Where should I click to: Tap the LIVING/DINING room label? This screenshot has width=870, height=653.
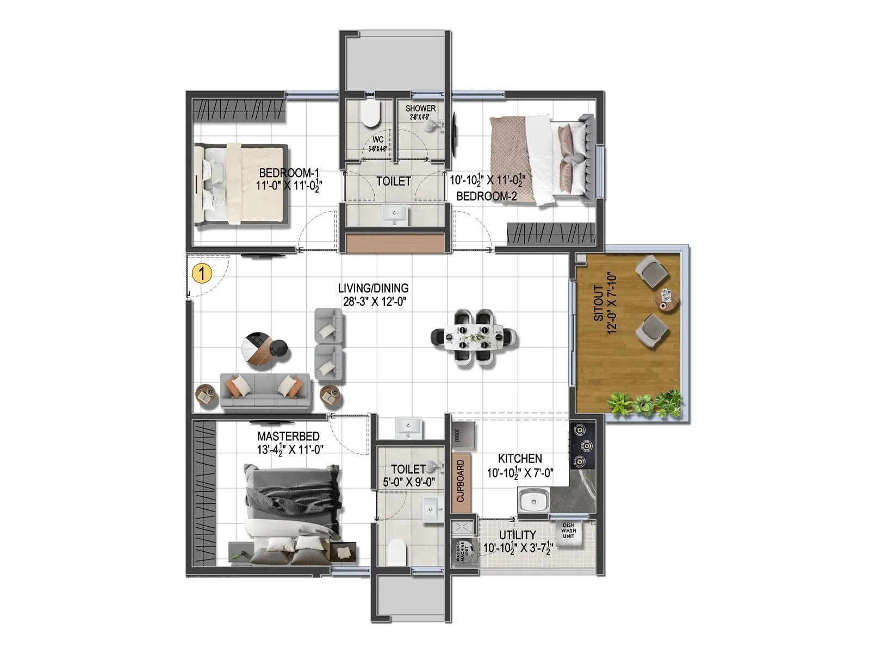[x=373, y=288]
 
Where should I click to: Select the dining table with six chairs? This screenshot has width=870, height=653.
[x=474, y=338]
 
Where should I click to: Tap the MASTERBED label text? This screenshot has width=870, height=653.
[x=288, y=436]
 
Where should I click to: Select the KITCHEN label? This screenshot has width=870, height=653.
[x=520, y=459]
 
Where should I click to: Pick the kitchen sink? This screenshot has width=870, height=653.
[x=532, y=501]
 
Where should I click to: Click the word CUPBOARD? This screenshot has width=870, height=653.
[x=461, y=481]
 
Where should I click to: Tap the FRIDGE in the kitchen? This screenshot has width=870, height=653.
[x=463, y=435]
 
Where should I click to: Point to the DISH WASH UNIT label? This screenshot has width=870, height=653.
[x=569, y=530]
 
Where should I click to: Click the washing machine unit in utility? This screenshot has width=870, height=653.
[x=463, y=553]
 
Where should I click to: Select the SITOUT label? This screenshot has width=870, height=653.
[x=598, y=303]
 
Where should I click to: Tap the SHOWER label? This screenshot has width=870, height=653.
[x=420, y=109]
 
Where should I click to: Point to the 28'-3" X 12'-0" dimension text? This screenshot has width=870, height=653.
[x=374, y=300]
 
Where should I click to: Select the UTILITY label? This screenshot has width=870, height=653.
[x=518, y=535]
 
